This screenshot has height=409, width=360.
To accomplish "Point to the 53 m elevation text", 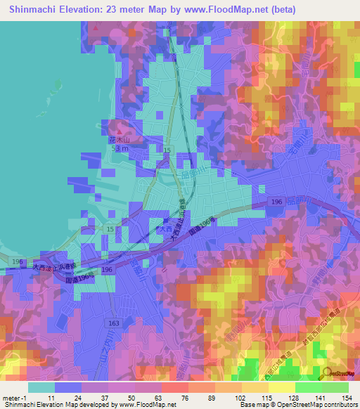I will click(x=121, y=149).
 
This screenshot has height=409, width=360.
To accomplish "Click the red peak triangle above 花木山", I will click(x=120, y=131).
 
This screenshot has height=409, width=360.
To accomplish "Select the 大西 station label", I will click(x=163, y=229).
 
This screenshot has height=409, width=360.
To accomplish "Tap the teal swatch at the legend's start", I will click(x=40, y=387).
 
